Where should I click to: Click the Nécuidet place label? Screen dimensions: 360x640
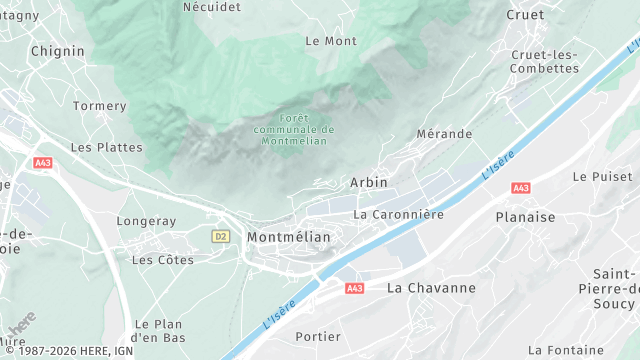tap(211, 6)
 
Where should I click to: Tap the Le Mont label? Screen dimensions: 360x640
tap(330, 41)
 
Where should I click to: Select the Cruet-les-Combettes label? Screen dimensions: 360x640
tap(544, 61)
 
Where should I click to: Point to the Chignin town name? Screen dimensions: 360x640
tap(57, 51)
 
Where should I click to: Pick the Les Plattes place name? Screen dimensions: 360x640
tap(106, 147)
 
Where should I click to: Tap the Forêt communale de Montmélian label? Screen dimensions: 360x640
tap(294, 130)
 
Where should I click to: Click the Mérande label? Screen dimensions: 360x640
tap(444, 134)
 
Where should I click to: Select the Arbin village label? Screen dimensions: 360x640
tap(369, 183)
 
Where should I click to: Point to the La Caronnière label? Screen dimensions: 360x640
tap(398, 214)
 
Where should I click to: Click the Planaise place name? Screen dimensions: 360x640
tap(525, 216)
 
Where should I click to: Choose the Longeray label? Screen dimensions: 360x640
tap(146, 221)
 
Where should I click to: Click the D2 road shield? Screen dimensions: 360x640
tap(221, 237)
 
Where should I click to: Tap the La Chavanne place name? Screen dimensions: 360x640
tap(431, 288)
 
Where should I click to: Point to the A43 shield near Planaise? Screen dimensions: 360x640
tap(520, 188)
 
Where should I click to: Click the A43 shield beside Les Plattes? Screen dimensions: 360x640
tap(42, 162)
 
